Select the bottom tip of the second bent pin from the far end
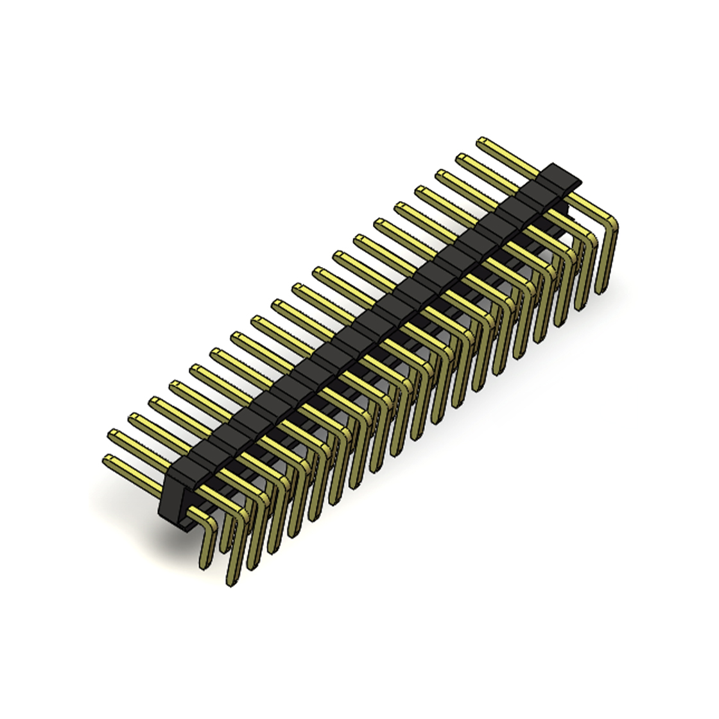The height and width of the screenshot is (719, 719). coord(581,306)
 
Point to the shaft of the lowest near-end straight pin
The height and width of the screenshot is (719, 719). coord(138,475)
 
